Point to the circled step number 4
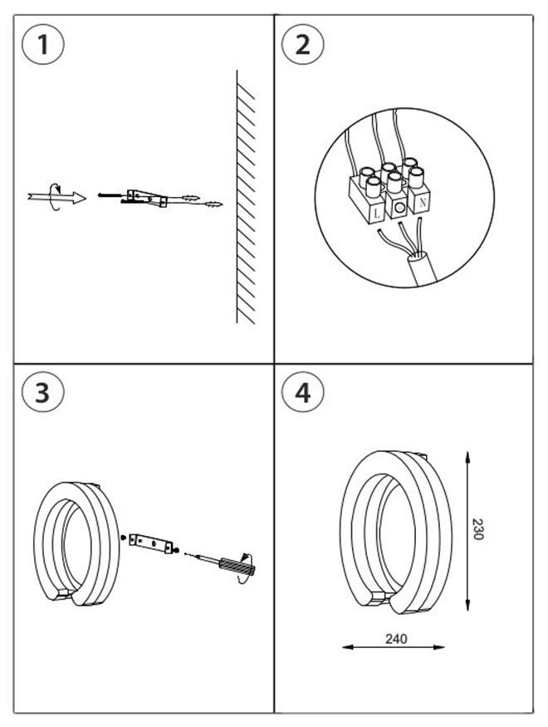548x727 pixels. [302, 392]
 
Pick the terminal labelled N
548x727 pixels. [422, 200]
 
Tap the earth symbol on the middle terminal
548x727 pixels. [400, 207]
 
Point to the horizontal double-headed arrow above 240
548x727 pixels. [394, 648]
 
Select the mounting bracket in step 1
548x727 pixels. [148, 197]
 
